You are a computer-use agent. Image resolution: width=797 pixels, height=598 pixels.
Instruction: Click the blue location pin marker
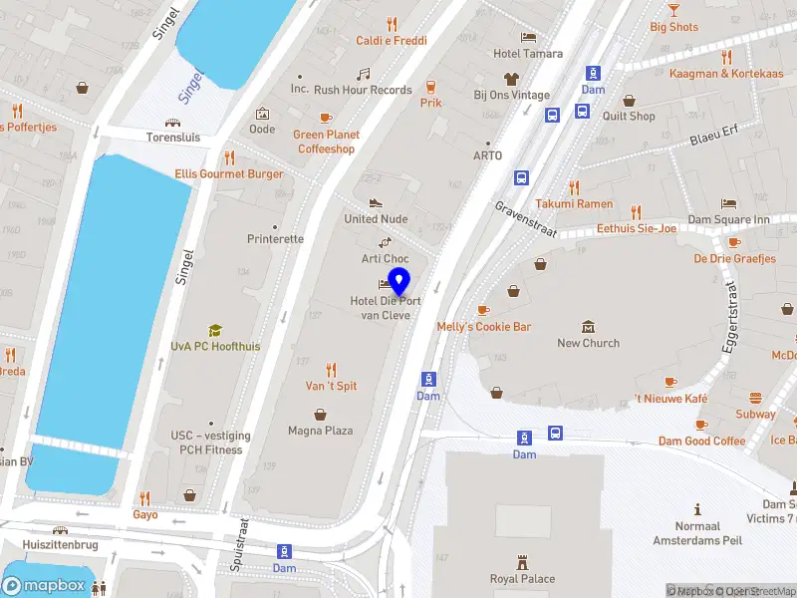tap(398, 281)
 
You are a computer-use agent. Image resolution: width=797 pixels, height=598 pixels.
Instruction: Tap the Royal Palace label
tap(522, 579)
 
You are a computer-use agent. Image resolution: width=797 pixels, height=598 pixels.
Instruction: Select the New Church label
tap(588, 343)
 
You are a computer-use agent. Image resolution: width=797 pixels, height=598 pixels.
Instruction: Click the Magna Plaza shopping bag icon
tap(321, 414)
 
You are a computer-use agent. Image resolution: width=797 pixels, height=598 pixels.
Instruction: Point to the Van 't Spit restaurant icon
tap(331, 369)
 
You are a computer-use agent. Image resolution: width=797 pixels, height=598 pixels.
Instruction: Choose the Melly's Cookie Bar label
tap(484, 327)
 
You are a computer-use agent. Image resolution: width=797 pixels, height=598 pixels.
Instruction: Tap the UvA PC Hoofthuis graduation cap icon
tap(214, 330)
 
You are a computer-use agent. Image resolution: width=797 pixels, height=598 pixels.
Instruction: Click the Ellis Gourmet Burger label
tap(228, 173)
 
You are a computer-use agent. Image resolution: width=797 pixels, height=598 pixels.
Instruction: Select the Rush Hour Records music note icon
tap(363, 74)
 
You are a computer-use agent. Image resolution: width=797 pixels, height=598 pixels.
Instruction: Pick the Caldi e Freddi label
tap(392, 41)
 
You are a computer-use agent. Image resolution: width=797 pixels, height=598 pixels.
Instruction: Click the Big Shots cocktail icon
tap(674, 9)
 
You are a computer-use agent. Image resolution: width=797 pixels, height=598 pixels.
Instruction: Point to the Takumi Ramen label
tap(574, 203)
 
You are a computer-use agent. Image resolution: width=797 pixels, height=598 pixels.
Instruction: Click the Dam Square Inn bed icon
tap(729, 203)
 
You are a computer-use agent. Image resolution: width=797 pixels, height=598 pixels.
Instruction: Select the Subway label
tap(755, 414)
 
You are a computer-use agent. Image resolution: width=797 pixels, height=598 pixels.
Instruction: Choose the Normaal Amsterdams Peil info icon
tap(698, 508)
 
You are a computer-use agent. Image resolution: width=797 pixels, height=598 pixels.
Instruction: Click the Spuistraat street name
tap(239, 544)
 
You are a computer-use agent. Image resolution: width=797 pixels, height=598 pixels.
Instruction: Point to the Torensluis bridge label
tap(173, 138)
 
